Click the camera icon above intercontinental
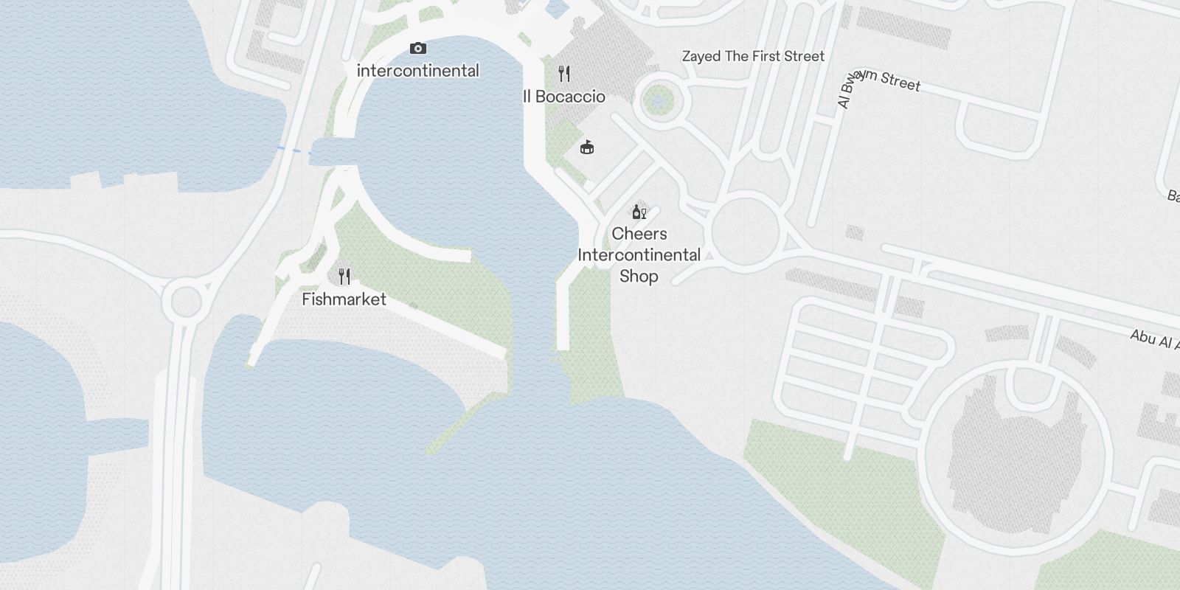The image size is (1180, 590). [x=418, y=49]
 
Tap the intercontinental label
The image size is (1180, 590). [x=418, y=71]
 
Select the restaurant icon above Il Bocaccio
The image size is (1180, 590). [x=564, y=74]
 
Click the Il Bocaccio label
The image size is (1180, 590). [x=564, y=97]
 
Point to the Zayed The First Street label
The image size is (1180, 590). [x=753, y=56]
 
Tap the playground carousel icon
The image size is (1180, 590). [x=587, y=147]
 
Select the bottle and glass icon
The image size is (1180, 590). [x=639, y=212]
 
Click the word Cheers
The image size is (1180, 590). [x=639, y=234]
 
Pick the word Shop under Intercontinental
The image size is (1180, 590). [x=639, y=277]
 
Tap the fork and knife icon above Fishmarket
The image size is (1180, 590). [x=344, y=277]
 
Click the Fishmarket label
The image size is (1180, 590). [x=344, y=299]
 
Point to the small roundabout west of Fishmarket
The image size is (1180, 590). [x=185, y=301]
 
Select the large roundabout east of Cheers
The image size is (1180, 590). [x=746, y=230]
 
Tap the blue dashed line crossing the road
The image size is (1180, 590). [x=294, y=151]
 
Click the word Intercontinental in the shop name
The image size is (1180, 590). [x=639, y=255]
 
